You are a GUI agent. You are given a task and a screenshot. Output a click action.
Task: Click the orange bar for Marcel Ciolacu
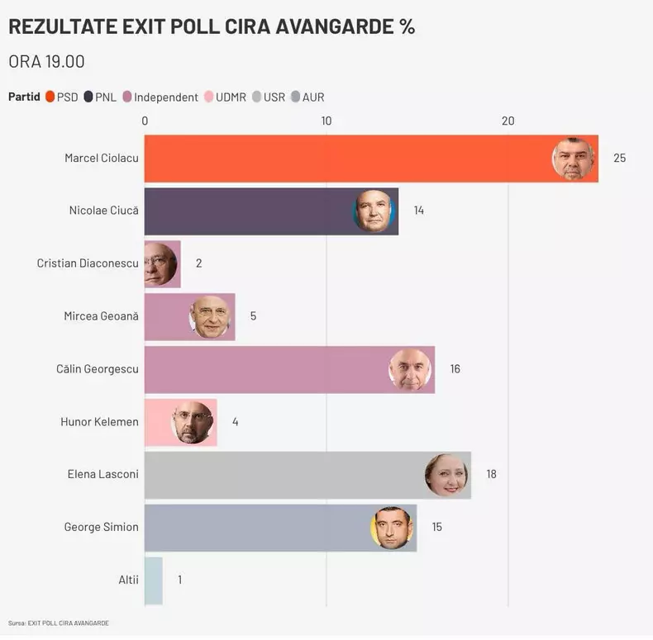click(347, 159)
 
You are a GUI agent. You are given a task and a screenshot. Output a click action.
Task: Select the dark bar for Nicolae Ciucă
click(248, 211)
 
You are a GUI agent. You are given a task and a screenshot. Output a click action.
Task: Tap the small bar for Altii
click(154, 581)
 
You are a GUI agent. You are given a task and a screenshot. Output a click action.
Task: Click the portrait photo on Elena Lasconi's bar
click(446, 475)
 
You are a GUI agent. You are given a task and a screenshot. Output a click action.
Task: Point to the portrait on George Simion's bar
click(391, 528)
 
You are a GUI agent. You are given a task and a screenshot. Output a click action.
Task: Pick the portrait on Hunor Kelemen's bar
click(192, 423)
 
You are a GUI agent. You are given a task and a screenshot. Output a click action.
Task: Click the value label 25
click(619, 159)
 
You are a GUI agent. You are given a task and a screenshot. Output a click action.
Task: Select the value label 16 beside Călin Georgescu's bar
click(455, 369)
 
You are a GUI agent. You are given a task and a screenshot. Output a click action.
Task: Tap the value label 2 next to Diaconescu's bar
click(198, 263)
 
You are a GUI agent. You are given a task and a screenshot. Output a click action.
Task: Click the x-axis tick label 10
click(326, 121)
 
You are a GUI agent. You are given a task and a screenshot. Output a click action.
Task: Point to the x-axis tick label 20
click(508, 121)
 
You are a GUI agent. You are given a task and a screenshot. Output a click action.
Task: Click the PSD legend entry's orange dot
click(50, 97)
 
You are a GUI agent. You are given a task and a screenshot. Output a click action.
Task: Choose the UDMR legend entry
click(225, 97)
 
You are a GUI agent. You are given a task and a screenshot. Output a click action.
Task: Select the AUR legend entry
click(307, 97)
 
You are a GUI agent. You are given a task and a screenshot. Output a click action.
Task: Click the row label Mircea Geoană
click(101, 316)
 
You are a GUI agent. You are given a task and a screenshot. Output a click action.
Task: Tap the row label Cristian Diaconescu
click(88, 263)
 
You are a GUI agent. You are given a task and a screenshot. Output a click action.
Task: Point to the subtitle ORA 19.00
click(46, 62)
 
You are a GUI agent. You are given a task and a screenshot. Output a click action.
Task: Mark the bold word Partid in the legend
click(24, 97)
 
